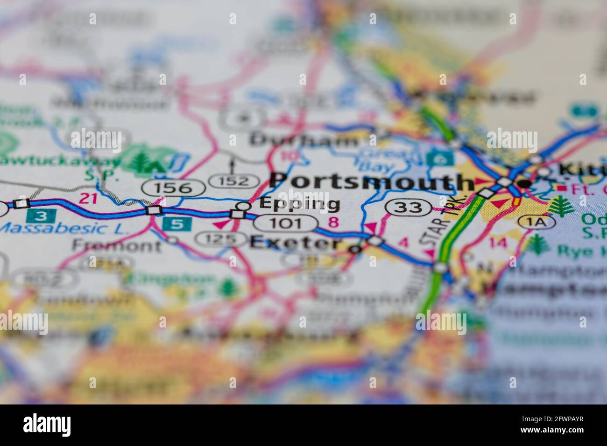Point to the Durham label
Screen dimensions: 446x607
[303, 139]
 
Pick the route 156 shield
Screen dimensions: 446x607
[173, 188]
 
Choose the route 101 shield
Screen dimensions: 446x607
[285, 223]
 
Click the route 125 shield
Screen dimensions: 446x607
[221, 240]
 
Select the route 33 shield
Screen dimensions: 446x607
[408, 207]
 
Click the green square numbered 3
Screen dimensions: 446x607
[42, 216]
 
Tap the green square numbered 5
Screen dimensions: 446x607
[177, 223]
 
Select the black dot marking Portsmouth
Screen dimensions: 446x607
[525, 184]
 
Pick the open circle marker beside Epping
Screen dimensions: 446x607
[244, 206]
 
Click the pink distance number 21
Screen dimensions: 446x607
[88, 198]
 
